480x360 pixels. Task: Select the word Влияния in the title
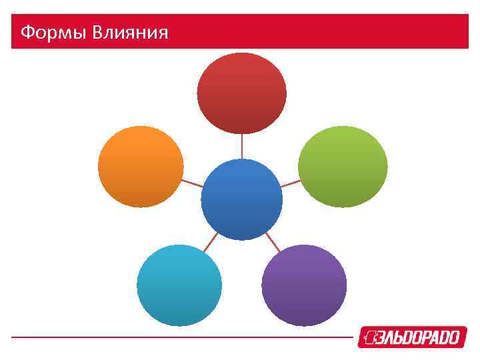[130, 32]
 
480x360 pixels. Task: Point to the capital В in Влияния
[98, 32]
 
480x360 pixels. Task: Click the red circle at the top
[241, 93]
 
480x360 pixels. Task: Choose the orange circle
[141, 167]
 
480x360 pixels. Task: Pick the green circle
[343, 167]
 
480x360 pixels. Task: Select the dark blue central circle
[241, 199]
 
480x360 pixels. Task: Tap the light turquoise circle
[179, 285]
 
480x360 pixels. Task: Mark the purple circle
[304, 285]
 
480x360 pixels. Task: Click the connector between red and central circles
[241, 146]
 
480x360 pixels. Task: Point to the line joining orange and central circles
[192, 183]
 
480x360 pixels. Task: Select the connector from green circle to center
[290, 183]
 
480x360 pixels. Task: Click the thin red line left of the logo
[180, 337]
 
